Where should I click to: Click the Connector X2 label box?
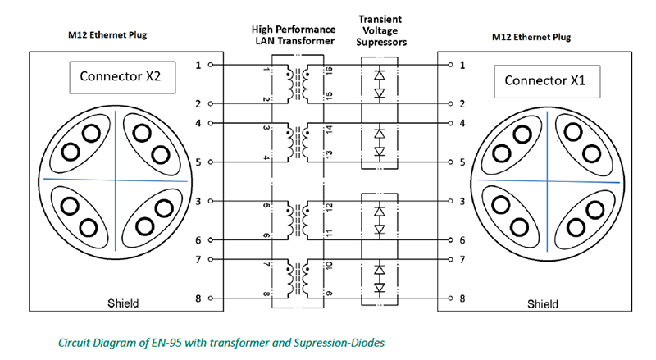tap(126, 78)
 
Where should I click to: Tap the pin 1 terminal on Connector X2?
tap(212, 64)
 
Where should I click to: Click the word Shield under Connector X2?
tap(124, 303)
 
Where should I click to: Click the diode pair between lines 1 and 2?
tap(380, 84)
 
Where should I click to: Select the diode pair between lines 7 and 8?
tap(380, 279)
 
